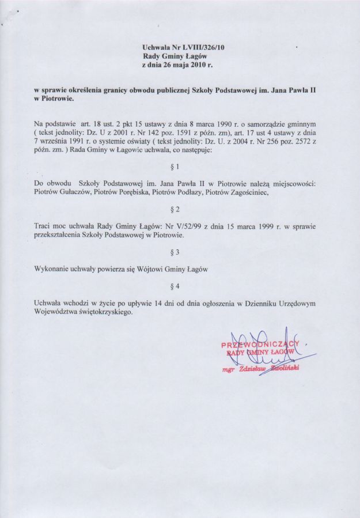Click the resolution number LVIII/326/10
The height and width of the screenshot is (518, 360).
coord(195,47)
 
